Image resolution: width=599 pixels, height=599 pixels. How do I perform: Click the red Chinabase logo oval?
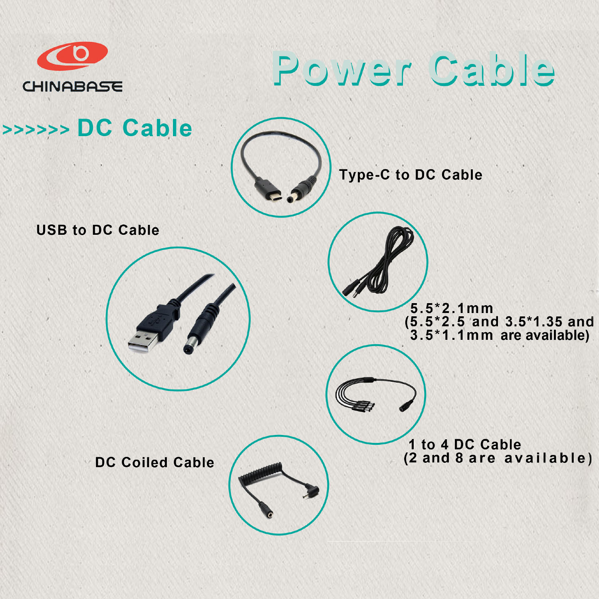click(x=72, y=56)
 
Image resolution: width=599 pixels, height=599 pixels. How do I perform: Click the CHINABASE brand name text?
click(x=72, y=86)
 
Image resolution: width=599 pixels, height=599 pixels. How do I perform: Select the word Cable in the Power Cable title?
click(x=492, y=69)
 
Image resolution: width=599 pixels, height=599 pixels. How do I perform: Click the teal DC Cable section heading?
click(x=135, y=128)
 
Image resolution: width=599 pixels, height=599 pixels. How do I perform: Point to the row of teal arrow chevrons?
click(x=36, y=129)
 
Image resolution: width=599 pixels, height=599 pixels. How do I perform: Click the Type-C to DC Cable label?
click(x=411, y=175)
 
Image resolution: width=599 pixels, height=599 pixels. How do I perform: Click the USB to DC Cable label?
click(x=98, y=230)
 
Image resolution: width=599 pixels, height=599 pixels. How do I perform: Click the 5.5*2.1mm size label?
click(x=452, y=308)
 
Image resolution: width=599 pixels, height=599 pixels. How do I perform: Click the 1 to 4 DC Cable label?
click(x=465, y=444)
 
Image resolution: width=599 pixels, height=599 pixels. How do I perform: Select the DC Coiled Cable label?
click(x=155, y=462)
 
